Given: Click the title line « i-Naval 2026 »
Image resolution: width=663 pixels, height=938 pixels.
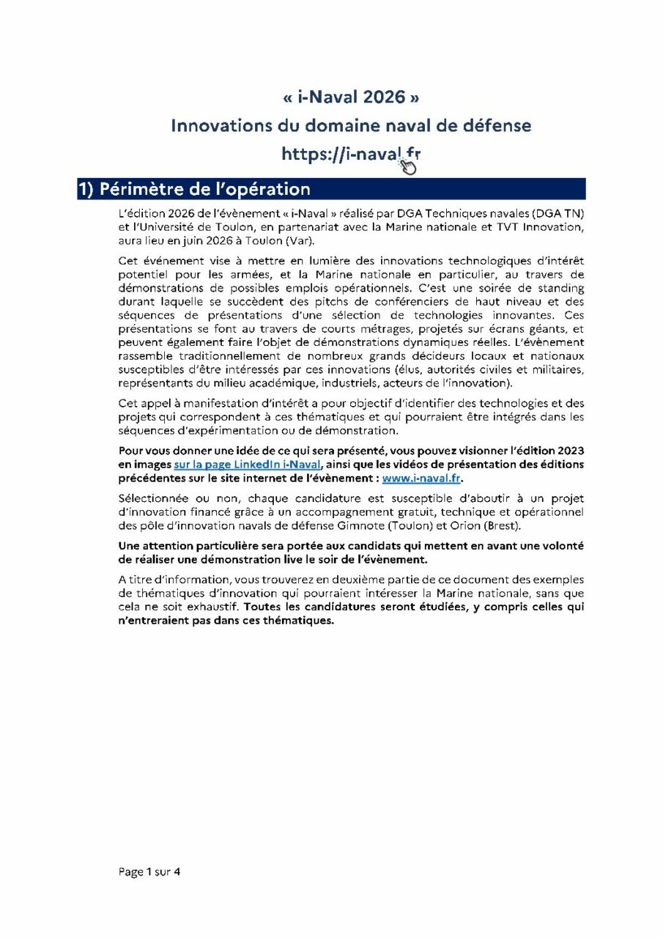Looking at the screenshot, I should coord(351,97).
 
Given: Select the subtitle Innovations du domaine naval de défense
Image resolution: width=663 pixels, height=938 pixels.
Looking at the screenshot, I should coord(351,125).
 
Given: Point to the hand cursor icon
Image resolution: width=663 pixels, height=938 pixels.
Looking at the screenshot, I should coord(408,167).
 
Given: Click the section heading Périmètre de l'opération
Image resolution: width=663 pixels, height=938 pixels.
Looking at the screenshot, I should coord(205,189).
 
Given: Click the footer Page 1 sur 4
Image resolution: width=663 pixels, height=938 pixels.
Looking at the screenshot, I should coord(149,872).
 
